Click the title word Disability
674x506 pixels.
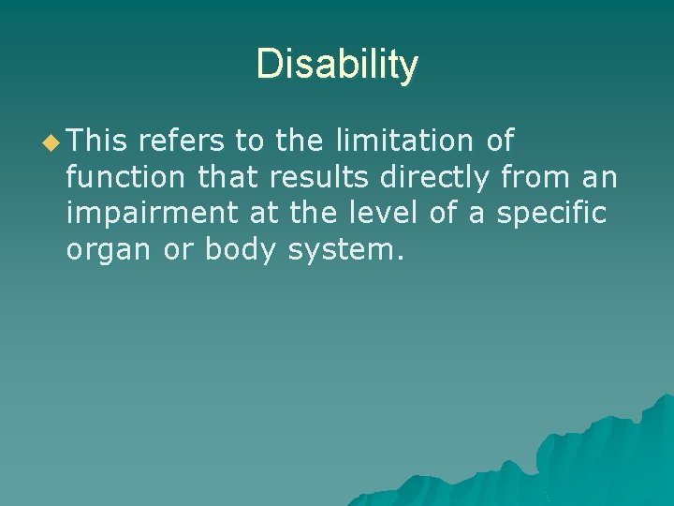[x=337, y=65]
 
